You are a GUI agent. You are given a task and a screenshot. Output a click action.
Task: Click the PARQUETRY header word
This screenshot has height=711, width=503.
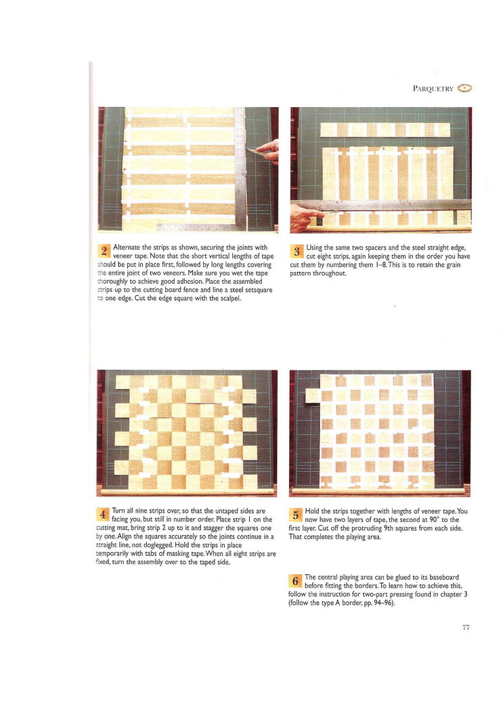point(433,89)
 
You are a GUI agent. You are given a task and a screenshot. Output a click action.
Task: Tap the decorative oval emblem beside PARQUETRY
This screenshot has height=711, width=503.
point(464,88)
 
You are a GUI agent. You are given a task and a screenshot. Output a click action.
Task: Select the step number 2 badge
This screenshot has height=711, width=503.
point(104,251)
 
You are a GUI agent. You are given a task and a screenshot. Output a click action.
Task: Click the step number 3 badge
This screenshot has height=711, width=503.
point(297,251)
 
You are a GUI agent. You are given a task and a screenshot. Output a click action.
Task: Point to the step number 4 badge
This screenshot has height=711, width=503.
point(103,514)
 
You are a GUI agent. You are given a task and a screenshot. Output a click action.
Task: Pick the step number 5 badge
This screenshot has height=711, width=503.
point(295,515)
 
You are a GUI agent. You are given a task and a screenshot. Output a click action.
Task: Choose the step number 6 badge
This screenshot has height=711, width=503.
point(295,580)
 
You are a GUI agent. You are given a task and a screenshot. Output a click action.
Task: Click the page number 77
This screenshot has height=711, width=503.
point(466,627)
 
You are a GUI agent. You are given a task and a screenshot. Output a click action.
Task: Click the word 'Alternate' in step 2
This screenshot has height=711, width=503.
point(127,248)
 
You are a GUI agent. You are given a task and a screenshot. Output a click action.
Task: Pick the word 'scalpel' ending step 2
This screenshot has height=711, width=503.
point(229,299)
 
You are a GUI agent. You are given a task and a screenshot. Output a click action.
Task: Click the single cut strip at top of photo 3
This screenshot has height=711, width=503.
point(385,130)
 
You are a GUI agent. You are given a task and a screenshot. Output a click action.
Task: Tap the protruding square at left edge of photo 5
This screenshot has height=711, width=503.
point(313,396)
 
